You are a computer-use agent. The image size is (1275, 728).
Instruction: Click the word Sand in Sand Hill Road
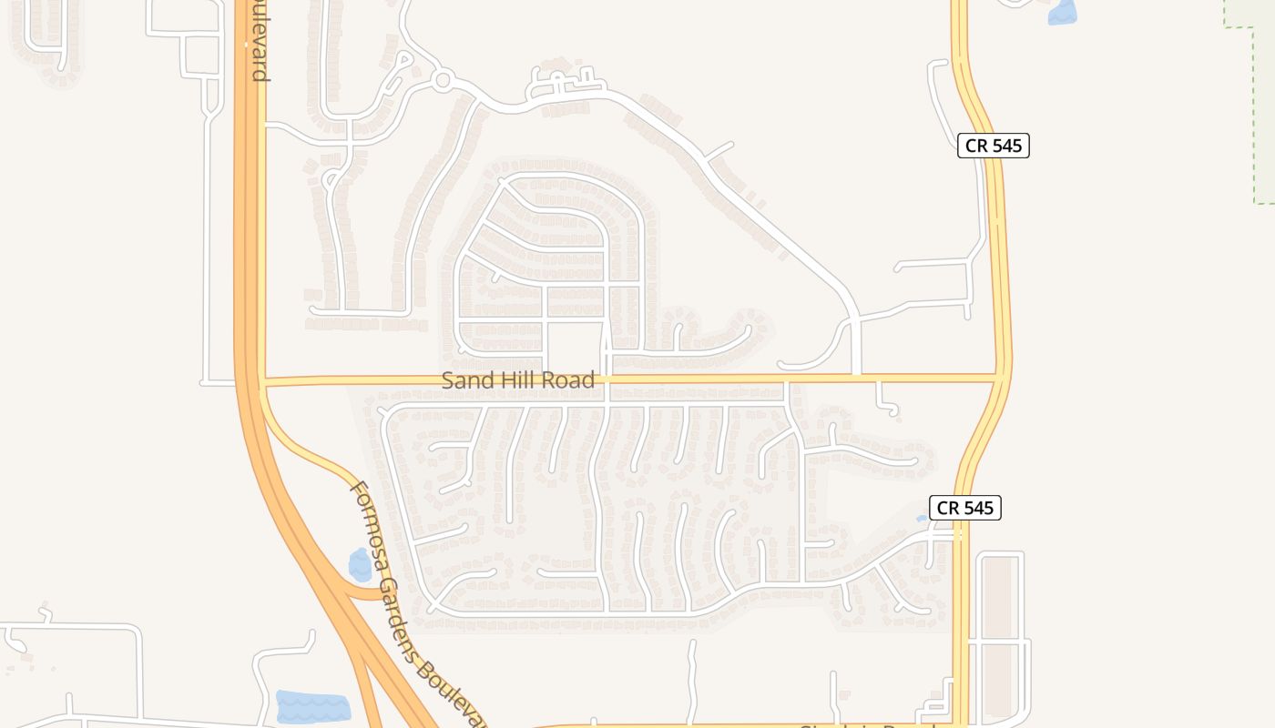[464, 380]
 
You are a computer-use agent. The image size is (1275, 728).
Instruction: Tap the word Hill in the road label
[515, 380]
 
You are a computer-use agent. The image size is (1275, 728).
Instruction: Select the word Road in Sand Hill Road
[569, 380]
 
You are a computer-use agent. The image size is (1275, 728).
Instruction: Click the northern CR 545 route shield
[993, 146]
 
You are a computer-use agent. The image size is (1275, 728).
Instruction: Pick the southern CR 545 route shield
[964, 508]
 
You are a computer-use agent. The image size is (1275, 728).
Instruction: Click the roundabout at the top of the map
[444, 81]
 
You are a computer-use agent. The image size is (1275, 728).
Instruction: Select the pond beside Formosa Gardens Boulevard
[361, 565]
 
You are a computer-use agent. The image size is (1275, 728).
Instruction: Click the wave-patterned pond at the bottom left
[312, 707]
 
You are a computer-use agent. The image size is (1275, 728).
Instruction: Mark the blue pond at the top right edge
[1062, 12]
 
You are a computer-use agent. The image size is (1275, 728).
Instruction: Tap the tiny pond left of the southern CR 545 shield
[922, 519]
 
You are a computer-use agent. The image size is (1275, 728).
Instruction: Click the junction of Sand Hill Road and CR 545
[1001, 378]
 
